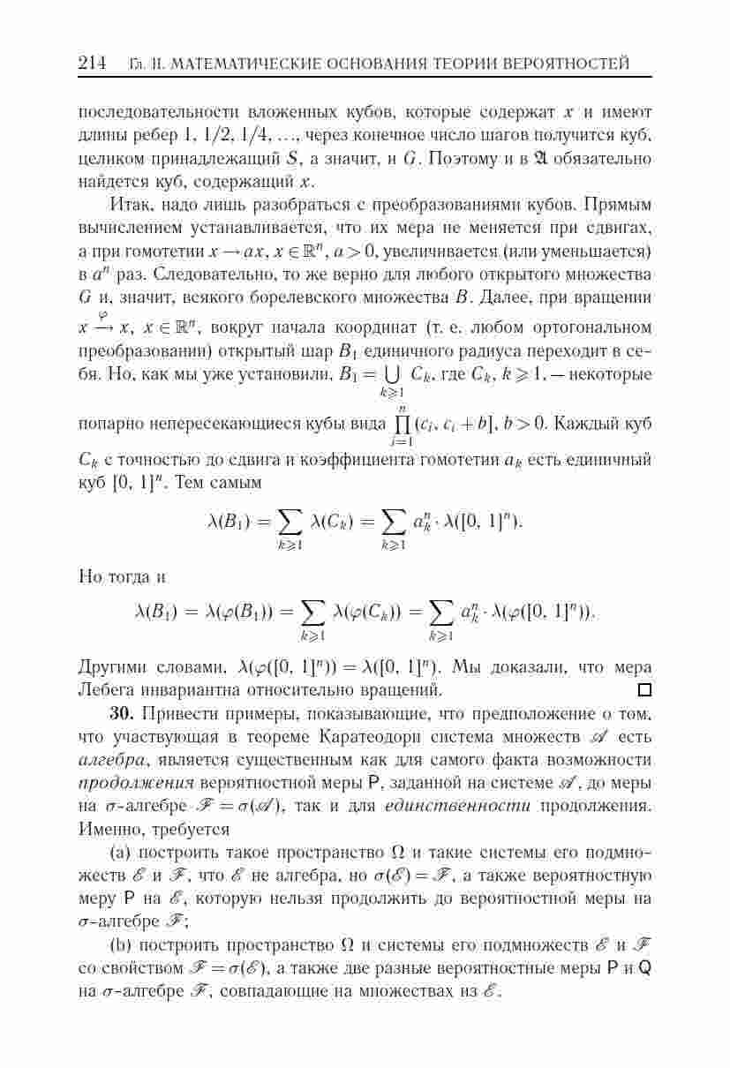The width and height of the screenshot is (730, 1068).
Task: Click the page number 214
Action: tap(91, 64)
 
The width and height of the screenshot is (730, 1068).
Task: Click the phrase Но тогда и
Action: tap(122, 577)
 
